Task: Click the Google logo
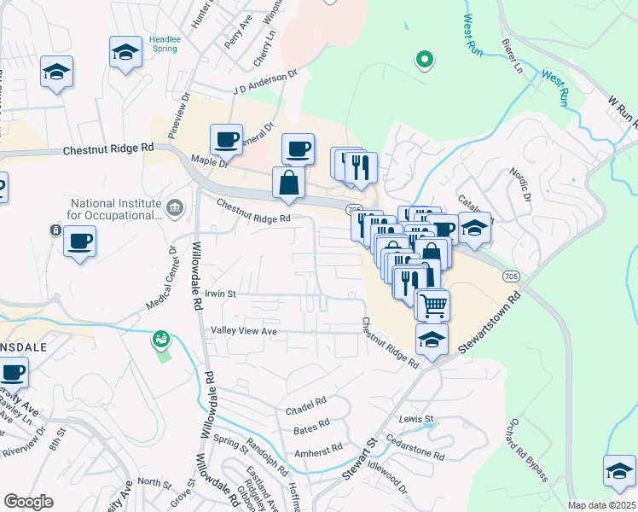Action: click(28, 502)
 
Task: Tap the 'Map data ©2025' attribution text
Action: click(601, 505)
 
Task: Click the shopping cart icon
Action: click(433, 305)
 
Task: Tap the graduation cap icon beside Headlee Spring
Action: click(125, 52)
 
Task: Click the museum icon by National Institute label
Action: click(175, 206)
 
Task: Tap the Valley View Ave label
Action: click(244, 330)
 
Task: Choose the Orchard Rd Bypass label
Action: click(532, 450)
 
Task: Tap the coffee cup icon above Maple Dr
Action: click(227, 138)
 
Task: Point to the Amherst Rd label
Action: click(317, 449)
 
